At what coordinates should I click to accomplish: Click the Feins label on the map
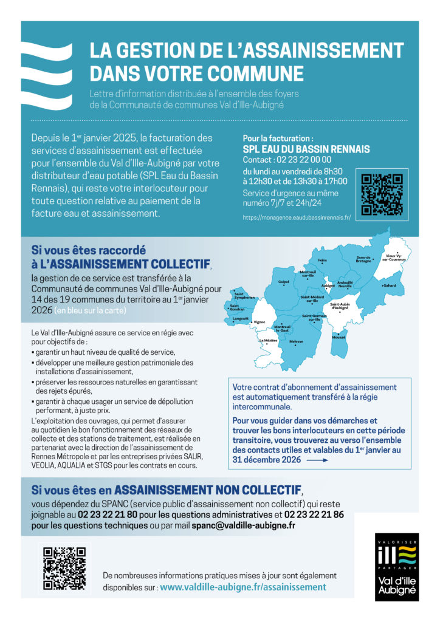click(x=322, y=261)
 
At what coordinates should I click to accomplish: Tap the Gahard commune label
click(x=389, y=285)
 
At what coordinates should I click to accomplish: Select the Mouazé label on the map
click(x=339, y=337)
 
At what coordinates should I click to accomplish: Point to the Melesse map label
click(x=297, y=342)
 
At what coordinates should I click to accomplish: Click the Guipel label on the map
click(x=284, y=282)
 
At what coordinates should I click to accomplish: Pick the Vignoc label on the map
click(x=260, y=322)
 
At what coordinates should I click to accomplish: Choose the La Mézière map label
click(x=269, y=341)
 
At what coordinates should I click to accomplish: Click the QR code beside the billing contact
click(x=382, y=194)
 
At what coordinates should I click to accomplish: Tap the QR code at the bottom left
click(x=64, y=567)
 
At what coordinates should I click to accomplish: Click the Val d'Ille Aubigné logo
click(x=396, y=567)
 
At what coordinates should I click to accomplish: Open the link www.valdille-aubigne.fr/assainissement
click(x=242, y=587)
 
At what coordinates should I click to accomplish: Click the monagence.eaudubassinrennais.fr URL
click(x=297, y=217)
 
